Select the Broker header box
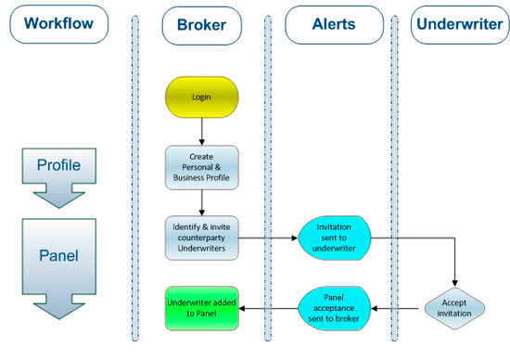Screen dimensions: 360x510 (x=201, y=24)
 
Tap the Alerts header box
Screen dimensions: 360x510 (x=334, y=24)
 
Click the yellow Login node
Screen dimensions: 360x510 (x=201, y=96)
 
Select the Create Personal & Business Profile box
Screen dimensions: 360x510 (x=201, y=167)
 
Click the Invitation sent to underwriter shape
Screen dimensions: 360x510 (x=334, y=237)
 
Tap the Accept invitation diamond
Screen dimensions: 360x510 (x=455, y=306)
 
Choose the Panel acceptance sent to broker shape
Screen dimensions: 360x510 (x=334, y=306)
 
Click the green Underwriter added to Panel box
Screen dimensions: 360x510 (x=201, y=306)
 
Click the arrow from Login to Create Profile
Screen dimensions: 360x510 (x=201, y=130)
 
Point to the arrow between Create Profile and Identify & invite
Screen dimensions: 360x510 (x=201, y=202)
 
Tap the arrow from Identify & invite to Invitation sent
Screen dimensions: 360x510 (x=269, y=238)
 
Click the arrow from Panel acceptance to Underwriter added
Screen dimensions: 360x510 (x=269, y=306)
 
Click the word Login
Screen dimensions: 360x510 (x=201, y=96)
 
